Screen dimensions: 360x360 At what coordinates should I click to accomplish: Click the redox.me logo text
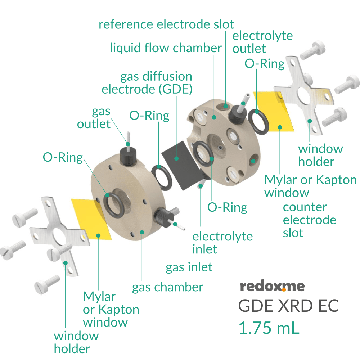pyautogui.click(x=272, y=286)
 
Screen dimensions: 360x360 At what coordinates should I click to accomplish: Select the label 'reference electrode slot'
pyautogui.click(x=166, y=24)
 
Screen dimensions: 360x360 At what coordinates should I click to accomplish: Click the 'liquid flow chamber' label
pyautogui.click(x=166, y=48)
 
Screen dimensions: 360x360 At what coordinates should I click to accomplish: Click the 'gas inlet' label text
pyautogui.click(x=189, y=267)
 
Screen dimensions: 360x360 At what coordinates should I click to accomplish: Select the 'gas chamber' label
pyautogui.click(x=168, y=287)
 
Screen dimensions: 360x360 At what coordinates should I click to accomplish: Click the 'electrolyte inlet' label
pyautogui.click(x=222, y=243)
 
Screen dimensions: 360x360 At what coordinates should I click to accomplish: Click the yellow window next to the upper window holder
pyautogui.click(x=273, y=110)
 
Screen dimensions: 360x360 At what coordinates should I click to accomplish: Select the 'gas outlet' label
pyautogui.click(x=94, y=118)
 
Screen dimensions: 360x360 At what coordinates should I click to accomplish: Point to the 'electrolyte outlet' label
pyautogui.click(x=262, y=42)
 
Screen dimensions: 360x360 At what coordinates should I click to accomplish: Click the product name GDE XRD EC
pyautogui.click(x=288, y=306)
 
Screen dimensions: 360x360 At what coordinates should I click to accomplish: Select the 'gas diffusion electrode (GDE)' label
pyautogui.click(x=147, y=83)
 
